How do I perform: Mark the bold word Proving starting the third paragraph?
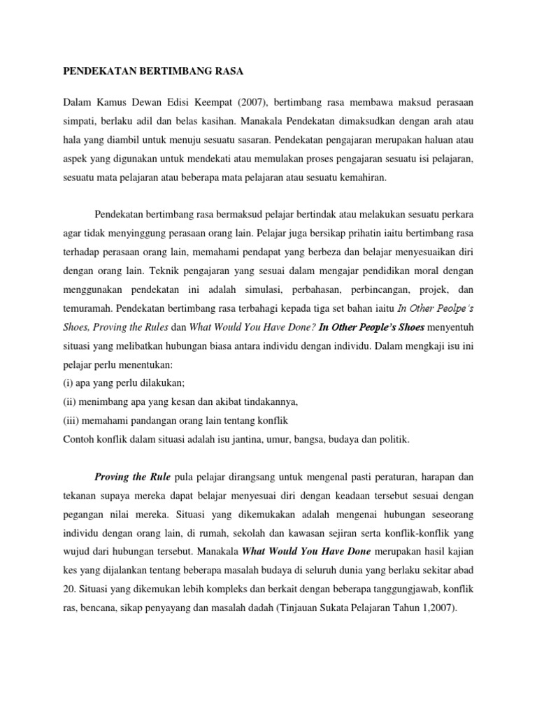pos(111,477)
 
